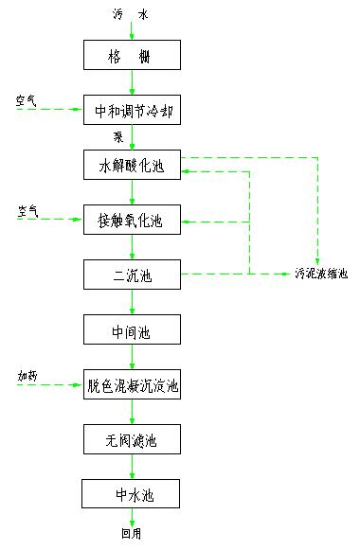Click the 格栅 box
[132, 57]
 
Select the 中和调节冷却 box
[132, 111]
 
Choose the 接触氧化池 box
[132, 222]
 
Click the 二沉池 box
[132, 275]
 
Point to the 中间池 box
[132, 330]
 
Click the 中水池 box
[132, 493]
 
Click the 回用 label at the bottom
[131, 533]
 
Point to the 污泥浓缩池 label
[321, 275]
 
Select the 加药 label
[27, 376]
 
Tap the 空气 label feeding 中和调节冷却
[26, 99]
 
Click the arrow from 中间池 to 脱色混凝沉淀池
[132, 358]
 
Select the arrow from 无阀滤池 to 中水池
[132, 467]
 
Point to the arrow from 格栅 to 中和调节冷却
[132, 83]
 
